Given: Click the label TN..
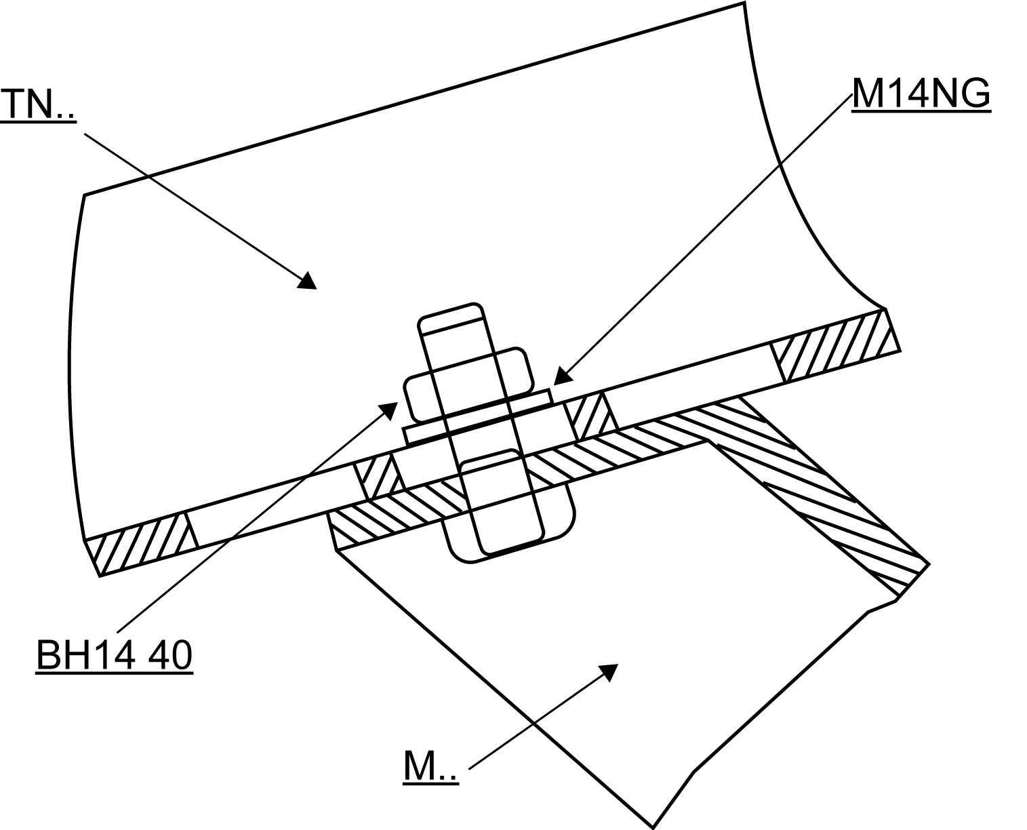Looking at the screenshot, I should point(37,104).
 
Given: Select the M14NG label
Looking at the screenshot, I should point(921,93).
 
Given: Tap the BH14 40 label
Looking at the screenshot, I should point(114,655).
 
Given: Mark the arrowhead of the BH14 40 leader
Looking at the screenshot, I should point(390,409).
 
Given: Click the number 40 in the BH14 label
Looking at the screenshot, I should point(169,655).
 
